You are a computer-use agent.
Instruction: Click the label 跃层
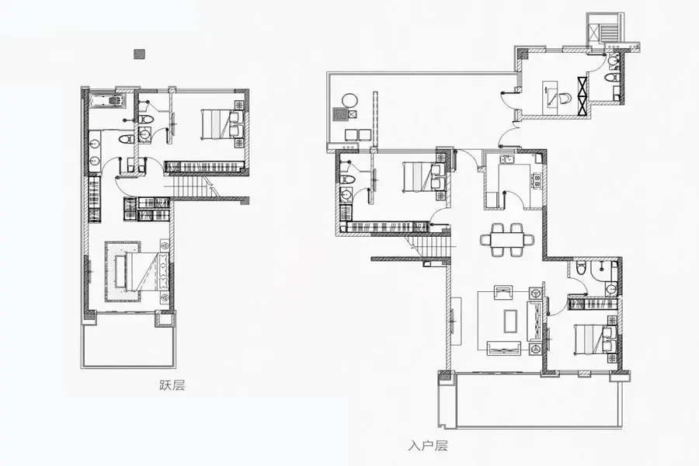coord(172,385)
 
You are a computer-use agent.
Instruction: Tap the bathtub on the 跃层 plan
coord(106,101)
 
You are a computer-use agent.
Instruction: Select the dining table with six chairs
coord(507,240)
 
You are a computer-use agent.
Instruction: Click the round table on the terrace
coord(350,100)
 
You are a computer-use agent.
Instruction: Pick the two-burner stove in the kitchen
coord(537,179)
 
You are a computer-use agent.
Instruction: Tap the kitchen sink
coord(507,158)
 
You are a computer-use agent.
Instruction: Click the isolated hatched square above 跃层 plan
coord(140,54)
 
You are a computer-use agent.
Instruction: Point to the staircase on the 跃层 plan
coord(192,186)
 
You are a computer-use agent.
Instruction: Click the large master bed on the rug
coord(142,272)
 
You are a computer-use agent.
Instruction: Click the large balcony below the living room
coord(538,400)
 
